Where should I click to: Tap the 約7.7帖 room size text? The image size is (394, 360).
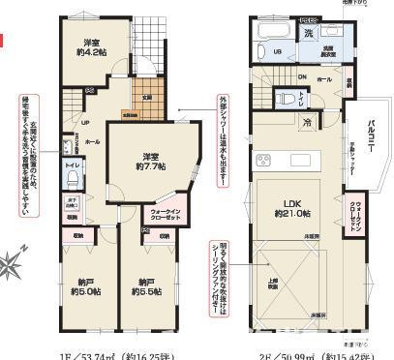click(147, 167)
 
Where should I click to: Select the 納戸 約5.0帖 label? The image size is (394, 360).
click(86, 288)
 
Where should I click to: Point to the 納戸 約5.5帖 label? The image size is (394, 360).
click(147, 288)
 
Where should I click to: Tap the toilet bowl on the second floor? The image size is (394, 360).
click(287, 98)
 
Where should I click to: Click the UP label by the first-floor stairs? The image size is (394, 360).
click(85, 123)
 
